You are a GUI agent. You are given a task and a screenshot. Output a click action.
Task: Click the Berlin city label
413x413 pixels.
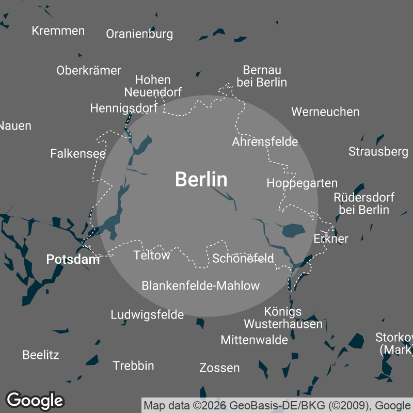[x=201, y=180]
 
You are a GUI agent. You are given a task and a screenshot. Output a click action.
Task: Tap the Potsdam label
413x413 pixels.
[x=73, y=259]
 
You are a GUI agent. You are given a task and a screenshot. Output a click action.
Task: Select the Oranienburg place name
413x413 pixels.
[x=139, y=34]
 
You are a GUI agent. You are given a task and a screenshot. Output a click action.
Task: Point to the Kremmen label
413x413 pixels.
[x=58, y=31]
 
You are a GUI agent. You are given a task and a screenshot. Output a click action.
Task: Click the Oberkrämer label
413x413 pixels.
[x=89, y=70]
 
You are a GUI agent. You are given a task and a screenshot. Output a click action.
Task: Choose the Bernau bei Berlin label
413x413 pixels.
[x=262, y=76]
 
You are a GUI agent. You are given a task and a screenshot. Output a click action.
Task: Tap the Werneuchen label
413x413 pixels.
[x=325, y=112]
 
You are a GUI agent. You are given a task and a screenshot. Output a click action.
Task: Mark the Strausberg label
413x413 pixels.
[x=378, y=151]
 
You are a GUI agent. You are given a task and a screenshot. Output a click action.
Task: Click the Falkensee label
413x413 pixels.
[x=78, y=153]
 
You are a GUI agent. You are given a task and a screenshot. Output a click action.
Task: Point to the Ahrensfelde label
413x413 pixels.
[x=265, y=141]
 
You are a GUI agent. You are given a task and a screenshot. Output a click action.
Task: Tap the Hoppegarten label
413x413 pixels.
[x=302, y=183]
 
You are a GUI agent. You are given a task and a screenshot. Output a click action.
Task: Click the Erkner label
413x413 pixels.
[x=331, y=239]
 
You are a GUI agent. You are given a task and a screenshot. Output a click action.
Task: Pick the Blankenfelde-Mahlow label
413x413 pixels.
[x=201, y=285]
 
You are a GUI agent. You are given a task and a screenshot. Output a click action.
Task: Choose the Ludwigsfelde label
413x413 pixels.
[x=147, y=314]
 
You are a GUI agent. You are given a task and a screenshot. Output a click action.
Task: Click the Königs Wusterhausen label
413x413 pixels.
[x=283, y=317]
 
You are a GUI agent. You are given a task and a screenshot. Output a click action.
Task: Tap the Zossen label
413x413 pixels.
[x=219, y=368]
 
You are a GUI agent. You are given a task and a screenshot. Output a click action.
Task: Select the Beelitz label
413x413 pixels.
[x=41, y=355]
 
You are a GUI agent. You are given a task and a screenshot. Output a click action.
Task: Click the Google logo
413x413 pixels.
[x=35, y=400]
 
